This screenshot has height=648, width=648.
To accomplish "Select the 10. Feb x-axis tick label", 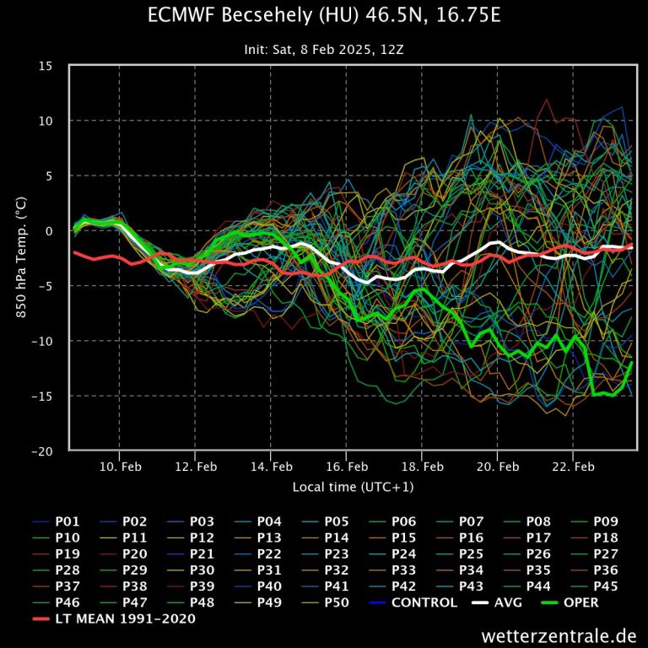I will tap(120, 466).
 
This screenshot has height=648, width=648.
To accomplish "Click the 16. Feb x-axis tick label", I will tap(346, 466).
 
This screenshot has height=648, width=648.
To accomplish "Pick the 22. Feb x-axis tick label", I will tap(573, 466).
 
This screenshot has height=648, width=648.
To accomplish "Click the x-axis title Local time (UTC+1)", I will tap(353, 487).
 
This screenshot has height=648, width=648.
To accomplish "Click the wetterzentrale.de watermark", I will tap(559, 634).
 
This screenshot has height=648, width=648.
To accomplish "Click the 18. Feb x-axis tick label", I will tap(422, 466).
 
